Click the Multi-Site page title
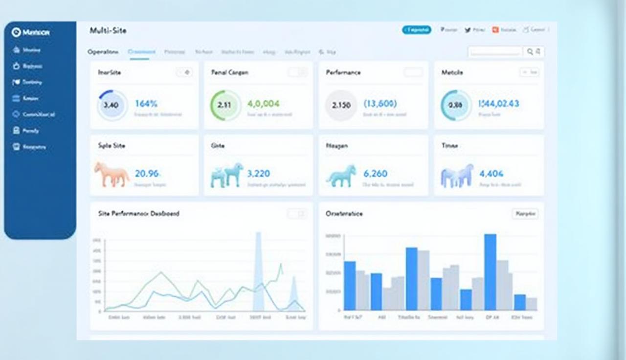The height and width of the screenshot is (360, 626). [x=108, y=31]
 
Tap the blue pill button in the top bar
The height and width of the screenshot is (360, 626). [x=416, y=30]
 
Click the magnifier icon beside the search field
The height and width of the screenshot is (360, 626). [x=530, y=51]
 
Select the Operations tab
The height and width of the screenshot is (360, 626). [x=103, y=52]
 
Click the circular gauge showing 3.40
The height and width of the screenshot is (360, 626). [x=112, y=104]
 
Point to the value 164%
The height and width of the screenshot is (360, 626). [x=146, y=104]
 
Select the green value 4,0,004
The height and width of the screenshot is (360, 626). [x=263, y=104]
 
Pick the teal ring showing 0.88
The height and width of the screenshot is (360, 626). [x=456, y=105]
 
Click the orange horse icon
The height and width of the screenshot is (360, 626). [x=112, y=174]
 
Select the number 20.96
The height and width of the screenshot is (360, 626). [x=147, y=174]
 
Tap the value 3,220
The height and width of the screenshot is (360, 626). [x=259, y=174]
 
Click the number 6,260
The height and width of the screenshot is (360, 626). [x=375, y=174]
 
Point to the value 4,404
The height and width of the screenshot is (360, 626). [x=491, y=174]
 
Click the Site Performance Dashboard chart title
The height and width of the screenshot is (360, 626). [x=138, y=214]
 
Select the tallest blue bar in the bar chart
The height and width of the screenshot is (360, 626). [x=490, y=272]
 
